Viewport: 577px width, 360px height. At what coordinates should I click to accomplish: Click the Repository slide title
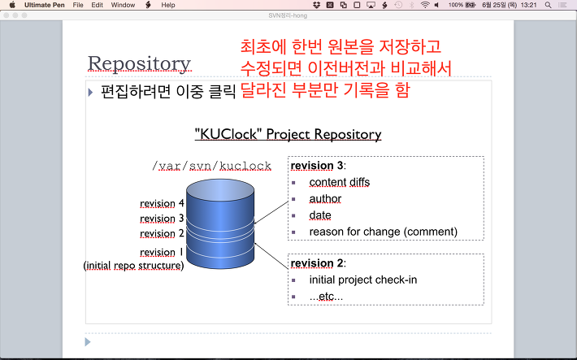tap(139, 63)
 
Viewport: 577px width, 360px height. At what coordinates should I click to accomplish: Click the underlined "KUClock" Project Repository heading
tap(288, 134)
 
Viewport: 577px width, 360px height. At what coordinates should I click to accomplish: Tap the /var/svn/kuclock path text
tap(211, 166)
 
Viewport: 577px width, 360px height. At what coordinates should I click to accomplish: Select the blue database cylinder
tap(220, 223)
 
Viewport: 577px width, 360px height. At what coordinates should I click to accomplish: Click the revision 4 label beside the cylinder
tap(162, 203)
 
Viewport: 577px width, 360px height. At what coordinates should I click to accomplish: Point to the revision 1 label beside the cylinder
tap(162, 252)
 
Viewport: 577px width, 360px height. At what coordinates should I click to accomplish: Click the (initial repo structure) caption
tap(133, 266)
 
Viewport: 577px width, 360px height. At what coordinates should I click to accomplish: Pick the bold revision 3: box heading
tap(319, 166)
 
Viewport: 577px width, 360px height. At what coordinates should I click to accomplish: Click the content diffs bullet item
tap(339, 182)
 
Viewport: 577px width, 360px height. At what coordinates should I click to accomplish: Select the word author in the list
tap(325, 199)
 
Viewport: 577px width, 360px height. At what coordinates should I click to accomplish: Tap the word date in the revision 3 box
tap(320, 215)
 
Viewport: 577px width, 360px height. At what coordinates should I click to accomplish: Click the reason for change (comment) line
tap(384, 232)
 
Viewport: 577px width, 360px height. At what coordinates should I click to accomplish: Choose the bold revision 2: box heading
tap(319, 263)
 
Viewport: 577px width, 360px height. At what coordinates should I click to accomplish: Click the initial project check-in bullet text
tap(363, 280)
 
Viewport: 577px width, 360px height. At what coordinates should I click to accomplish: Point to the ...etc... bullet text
tap(326, 297)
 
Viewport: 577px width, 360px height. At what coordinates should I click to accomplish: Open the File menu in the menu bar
tap(78, 5)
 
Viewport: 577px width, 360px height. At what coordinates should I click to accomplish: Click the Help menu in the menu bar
tap(168, 5)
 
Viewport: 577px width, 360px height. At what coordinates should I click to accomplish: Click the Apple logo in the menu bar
tap(12, 5)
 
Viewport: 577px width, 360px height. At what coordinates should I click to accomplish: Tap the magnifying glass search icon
tap(548, 5)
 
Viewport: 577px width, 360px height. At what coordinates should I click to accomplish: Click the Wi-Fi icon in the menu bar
tap(425, 5)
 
